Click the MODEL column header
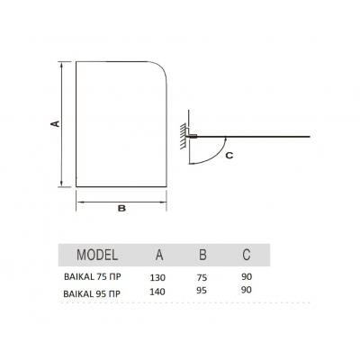tap(97, 255)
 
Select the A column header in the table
tap(159, 255)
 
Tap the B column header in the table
tap(202, 255)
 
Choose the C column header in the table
tap(247, 255)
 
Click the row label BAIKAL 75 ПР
tap(93, 276)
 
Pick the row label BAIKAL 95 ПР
tap(92, 293)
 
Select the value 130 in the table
tap(157, 278)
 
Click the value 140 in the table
tap(157, 292)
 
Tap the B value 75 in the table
tap(202, 278)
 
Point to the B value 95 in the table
tap(202, 291)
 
